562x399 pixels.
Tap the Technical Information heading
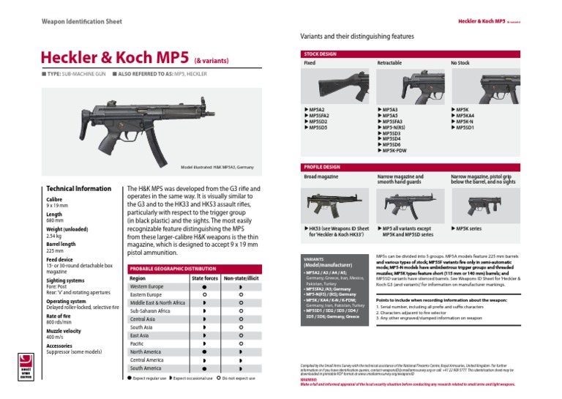[78, 188]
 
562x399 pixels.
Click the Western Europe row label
[146, 286]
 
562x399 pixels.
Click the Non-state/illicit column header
[242, 278]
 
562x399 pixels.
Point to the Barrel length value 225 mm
[56, 250]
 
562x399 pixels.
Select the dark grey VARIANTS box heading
[316, 261]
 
